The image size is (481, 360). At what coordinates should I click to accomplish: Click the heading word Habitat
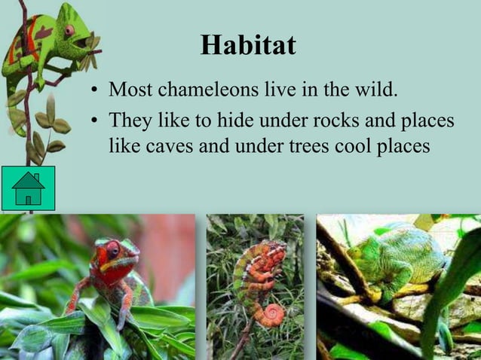coord(248,45)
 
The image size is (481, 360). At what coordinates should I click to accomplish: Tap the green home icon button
coord(29,188)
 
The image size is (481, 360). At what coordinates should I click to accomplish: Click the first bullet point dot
coord(95,91)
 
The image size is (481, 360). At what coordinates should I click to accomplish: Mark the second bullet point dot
coord(95,121)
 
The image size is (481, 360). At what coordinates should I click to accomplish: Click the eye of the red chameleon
coord(112,249)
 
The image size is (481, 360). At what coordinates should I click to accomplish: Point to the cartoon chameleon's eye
coord(69,31)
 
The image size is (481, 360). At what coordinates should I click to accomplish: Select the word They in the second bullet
coord(129,121)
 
